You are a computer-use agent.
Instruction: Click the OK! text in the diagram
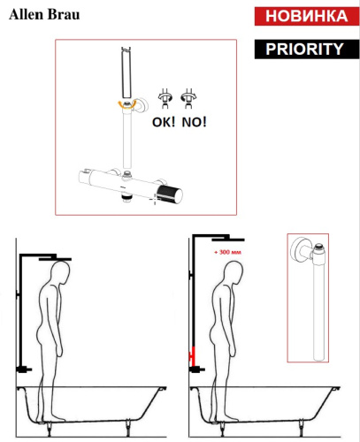(x=164, y=122)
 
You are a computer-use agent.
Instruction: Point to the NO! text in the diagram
(x=193, y=122)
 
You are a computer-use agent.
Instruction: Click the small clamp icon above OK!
(x=164, y=98)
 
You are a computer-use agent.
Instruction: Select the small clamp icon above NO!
(x=188, y=98)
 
